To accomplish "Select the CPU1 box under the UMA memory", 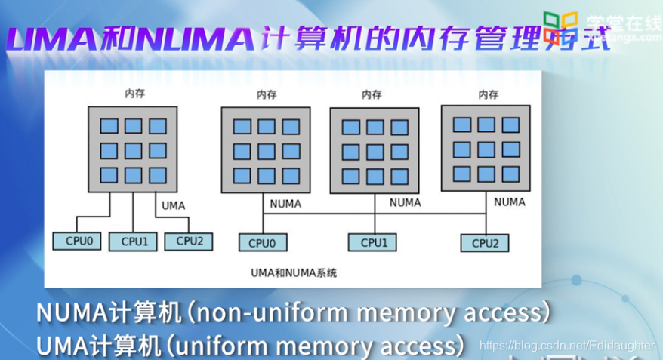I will pyautogui.click(x=133, y=242).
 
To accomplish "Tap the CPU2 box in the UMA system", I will pyautogui.click(x=188, y=241).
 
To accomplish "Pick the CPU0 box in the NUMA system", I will pyautogui.click(x=263, y=243).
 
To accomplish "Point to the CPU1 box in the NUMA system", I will pyautogui.click(x=373, y=242).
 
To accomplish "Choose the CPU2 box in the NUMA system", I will pyautogui.click(x=485, y=243).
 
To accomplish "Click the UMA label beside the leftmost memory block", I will pyautogui.click(x=173, y=205).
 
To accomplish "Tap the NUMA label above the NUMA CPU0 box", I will pyautogui.click(x=285, y=204).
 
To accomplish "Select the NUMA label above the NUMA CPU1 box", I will pyautogui.click(x=405, y=203).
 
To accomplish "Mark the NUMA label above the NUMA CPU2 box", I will pyautogui.click(x=510, y=202).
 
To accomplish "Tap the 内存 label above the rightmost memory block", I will pyautogui.click(x=488, y=94).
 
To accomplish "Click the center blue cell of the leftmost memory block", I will pyautogui.click(x=133, y=150).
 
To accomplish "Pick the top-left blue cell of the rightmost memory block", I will pyautogui.click(x=461, y=125).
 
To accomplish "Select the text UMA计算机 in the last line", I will pyautogui.click(x=98, y=346).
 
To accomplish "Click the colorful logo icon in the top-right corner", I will pyautogui.click(x=560, y=27).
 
